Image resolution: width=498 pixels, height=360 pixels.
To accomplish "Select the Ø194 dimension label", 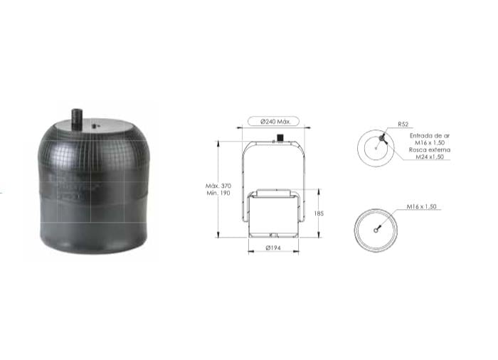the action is coord(273,248).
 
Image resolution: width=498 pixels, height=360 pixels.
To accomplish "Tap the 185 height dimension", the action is coord(319,213).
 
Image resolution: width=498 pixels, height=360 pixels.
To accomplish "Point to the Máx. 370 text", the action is coord(218,186).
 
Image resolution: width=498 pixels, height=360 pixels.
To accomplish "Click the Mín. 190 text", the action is coord(218,194).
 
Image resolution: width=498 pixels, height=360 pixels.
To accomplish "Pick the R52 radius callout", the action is coord(403,125).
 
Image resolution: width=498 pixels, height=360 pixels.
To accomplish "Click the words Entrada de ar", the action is coord(430,135).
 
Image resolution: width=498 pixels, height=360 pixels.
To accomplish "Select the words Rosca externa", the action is coord(430,149).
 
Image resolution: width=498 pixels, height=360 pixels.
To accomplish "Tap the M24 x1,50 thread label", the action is coord(430,157).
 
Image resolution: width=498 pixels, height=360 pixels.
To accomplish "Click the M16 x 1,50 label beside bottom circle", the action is coord(422,206).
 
